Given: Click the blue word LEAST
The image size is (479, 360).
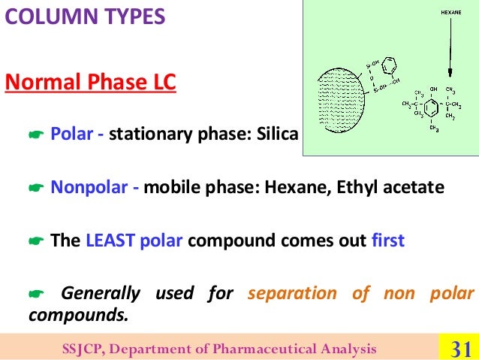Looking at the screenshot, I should (110, 241).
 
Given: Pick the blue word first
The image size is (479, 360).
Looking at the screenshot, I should (387, 241).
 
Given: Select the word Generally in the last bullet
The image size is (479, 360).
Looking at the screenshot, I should (100, 292).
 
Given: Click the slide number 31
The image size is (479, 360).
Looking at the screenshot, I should (458, 348).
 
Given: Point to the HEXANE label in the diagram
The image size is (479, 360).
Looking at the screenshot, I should (450, 12).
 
